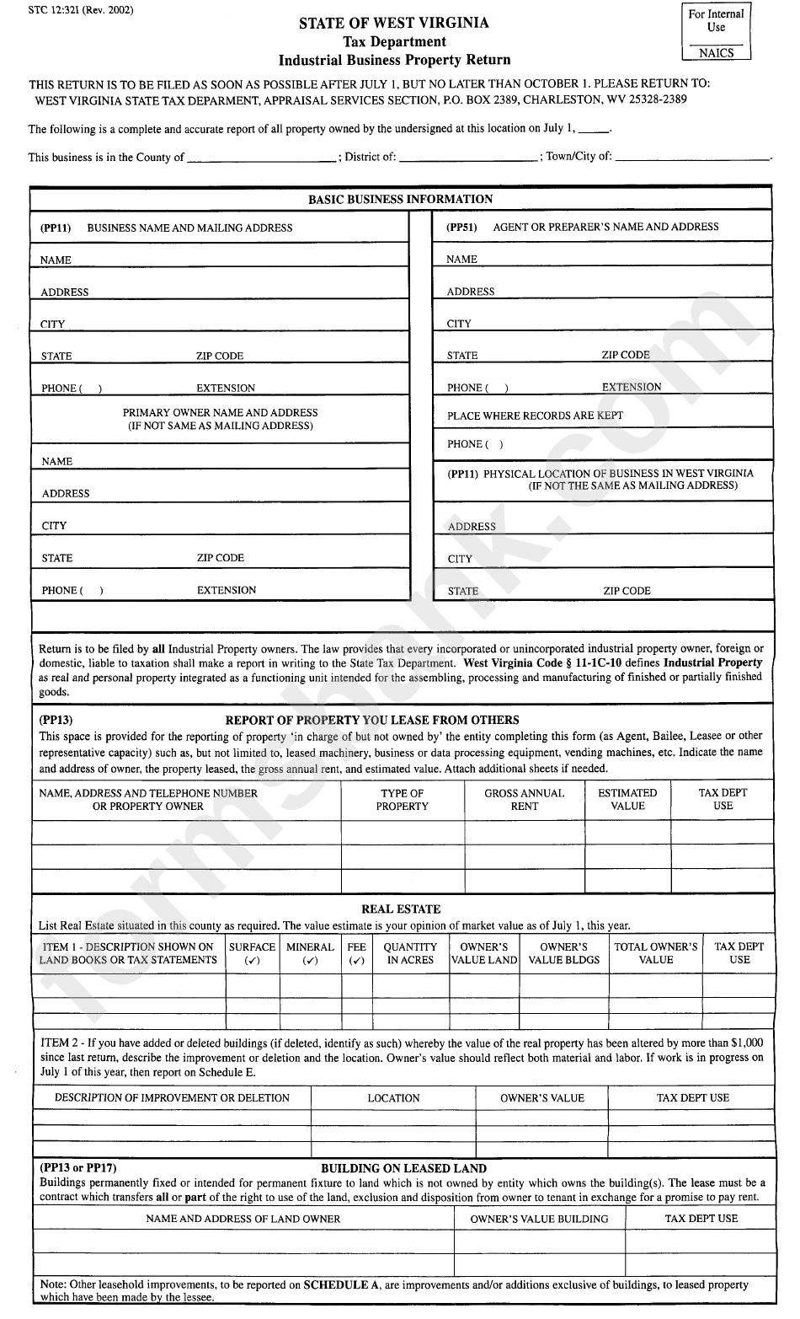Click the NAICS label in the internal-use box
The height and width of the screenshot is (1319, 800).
click(x=716, y=53)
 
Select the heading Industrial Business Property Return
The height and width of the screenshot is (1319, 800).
click(x=394, y=60)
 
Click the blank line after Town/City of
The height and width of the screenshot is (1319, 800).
click(x=692, y=158)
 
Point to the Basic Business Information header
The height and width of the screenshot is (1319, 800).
click(x=400, y=200)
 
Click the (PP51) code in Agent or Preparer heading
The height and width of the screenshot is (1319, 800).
click(x=461, y=227)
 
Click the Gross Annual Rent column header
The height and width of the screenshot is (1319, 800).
click(x=524, y=799)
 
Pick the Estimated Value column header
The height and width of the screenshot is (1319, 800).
click(x=627, y=799)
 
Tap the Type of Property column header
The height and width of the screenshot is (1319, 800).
click(x=402, y=799)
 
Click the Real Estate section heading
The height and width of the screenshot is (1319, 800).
click(x=401, y=909)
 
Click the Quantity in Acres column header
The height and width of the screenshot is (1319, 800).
click(x=410, y=953)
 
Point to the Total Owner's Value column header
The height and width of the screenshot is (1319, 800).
click(x=655, y=953)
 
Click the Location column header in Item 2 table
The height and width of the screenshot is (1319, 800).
click(x=393, y=1098)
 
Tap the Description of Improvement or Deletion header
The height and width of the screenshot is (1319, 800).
click(x=172, y=1098)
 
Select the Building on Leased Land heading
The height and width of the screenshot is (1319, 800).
click(x=403, y=1168)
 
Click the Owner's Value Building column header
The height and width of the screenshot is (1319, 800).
click(x=539, y=1219)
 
